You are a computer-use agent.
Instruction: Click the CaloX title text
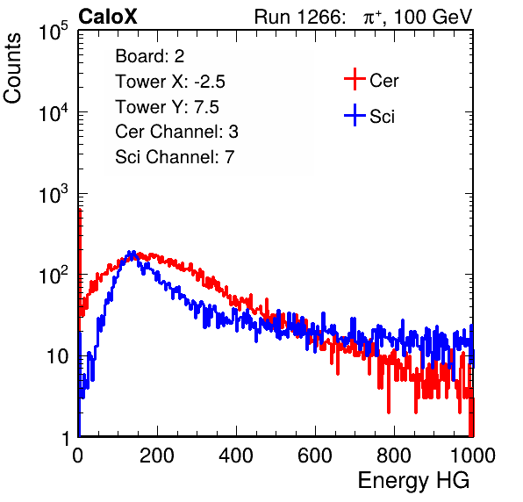click(x=108, y=17)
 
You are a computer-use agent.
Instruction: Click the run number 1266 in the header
click(x=321, y=17)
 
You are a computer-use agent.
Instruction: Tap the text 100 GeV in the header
click(x=433, y=17)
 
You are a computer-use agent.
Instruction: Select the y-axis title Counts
click(x=12, y=68)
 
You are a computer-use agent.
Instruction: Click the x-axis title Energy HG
click(x=413, y=481)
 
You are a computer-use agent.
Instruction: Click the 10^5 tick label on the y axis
click(x=54, y=32)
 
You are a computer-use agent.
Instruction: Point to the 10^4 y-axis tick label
click(x=54, y=112)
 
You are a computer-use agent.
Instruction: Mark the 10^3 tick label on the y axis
click(x=54, y=194)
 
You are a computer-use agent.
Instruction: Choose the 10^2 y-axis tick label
click(x=54, y=276)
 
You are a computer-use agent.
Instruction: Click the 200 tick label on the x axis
click(x=157, y=455)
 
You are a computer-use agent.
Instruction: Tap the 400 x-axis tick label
click(x=236, y=455)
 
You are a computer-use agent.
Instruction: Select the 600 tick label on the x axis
click(x=315, y=455)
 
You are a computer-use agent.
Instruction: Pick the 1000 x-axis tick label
click(x=473, y=455)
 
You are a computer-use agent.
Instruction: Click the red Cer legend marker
click(x=355, y=79)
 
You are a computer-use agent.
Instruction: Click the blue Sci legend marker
click(x=355, y=116)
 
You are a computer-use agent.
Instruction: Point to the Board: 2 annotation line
click(x=150, y=56)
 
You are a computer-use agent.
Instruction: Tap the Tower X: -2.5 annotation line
click(x=170, y=82)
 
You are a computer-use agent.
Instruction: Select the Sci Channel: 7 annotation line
click(x=175, y=157)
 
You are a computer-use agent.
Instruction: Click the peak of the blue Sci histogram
click(x=132, y=252)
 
